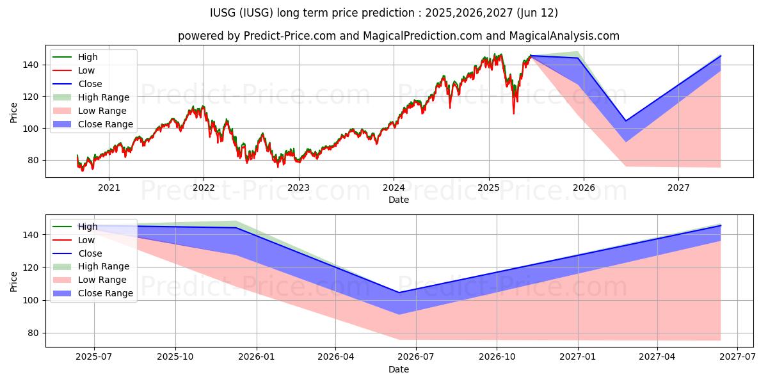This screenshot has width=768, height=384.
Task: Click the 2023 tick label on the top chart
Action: pos(298,188)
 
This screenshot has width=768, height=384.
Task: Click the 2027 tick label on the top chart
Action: pos(678,188)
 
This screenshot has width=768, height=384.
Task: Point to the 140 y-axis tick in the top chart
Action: pos(32,65)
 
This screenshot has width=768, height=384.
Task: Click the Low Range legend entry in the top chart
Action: pos(102,111)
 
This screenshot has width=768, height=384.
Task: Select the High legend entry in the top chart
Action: pos(88,57)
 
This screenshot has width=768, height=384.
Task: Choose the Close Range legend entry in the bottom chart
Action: pos(105,293)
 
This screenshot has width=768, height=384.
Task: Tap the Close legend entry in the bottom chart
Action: pos(90,253)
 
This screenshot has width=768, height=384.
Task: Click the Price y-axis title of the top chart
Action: pos(14,112)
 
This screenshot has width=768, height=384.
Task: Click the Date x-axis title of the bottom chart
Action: pos(398,369)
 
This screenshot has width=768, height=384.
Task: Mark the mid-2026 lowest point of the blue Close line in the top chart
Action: pos(625,120)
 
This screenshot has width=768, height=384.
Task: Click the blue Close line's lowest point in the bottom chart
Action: pos(399,292)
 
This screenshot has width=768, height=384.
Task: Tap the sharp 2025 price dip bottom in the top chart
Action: pos(513,113)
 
